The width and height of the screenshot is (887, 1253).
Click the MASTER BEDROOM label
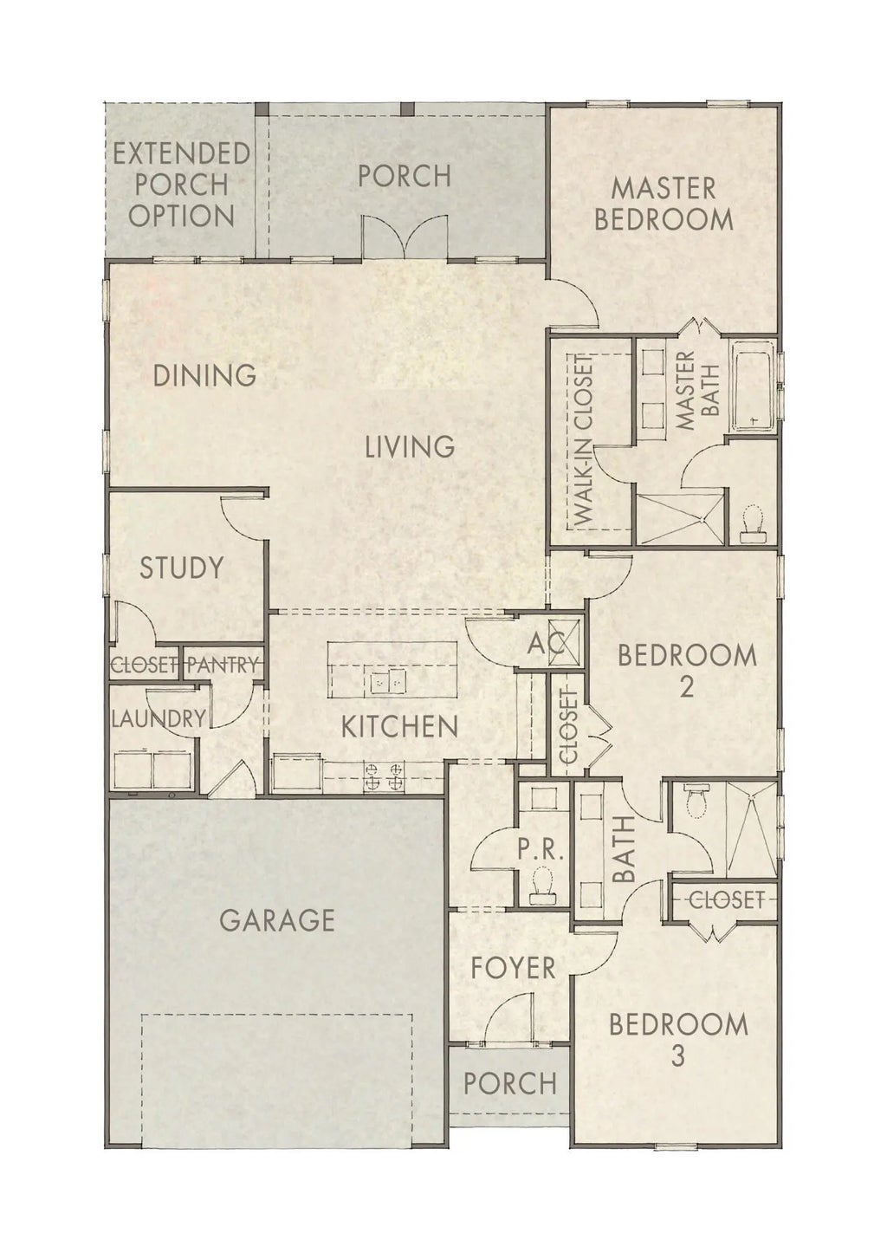pyautogui.click(x=664, y=204)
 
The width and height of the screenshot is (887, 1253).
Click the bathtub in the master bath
pyautogui.click(x=755, y=386)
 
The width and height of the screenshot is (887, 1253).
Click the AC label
pyautogui.click(x=546, y=644)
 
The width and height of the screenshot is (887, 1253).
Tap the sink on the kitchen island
pyautogui.click(x=389, y=683)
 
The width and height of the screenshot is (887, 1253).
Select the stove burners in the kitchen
pyautogui.click(x=385, y=775)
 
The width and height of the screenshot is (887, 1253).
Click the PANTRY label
pyautogui.click(x=223, y=665)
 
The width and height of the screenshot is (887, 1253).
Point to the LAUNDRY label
pyautogui.click(x=159, y=718)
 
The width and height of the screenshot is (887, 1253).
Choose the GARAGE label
pyautogui.click(x=277, y=919)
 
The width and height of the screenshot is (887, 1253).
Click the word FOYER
pyautogui.click(x=513, y=967)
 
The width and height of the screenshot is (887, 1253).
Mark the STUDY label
pyautogui.click(x=182, y=568)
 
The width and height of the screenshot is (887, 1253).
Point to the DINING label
pyautogui.click(x=204, y=376)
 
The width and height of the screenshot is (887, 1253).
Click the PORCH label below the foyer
pyautogui.click(x=510, y=1083)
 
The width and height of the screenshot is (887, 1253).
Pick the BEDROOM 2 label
pyautogui.click(x=686, y=670)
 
